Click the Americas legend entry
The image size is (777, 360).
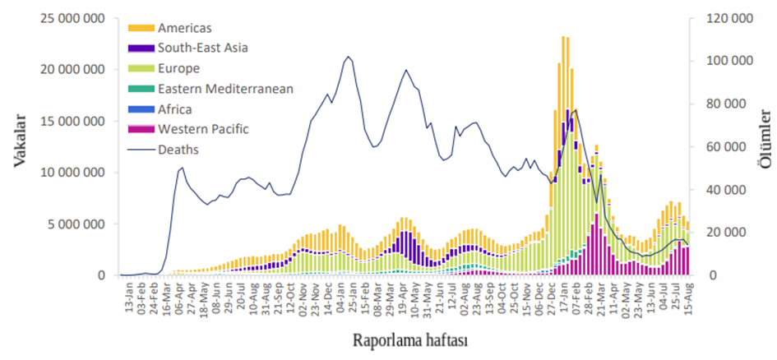(x=184, y=29)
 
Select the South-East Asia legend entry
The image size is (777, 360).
(x=202, y=48)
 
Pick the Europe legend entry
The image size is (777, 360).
(x=179, y=68)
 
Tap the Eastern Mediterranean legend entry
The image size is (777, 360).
(x=225, y=89)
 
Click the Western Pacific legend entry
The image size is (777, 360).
(x=203, y=129)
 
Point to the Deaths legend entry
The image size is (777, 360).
(x=178, y=150)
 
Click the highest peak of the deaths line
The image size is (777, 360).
(x=349, y=57)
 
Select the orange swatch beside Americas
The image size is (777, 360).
(x=141, y=29)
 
